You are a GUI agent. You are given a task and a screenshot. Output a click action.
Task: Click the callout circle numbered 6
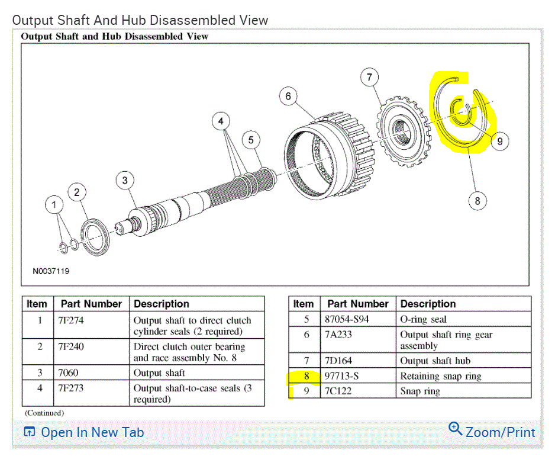[288, 96]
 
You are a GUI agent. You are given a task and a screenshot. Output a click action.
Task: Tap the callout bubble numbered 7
[370, 77]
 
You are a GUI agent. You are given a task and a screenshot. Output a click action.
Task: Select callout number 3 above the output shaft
[125, 180]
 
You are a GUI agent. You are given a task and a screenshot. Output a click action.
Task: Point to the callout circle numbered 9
[500, 142]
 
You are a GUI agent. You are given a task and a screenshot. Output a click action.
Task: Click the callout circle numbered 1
[54, 205]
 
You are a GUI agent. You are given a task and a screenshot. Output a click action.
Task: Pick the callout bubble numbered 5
[251, 140]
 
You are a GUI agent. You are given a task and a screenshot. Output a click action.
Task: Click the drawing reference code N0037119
[51, 271]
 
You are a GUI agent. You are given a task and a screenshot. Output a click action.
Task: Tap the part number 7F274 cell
[71, 320]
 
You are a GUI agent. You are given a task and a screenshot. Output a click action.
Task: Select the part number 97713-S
[341, 376]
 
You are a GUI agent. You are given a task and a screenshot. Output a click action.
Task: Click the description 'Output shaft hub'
[435, 361]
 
